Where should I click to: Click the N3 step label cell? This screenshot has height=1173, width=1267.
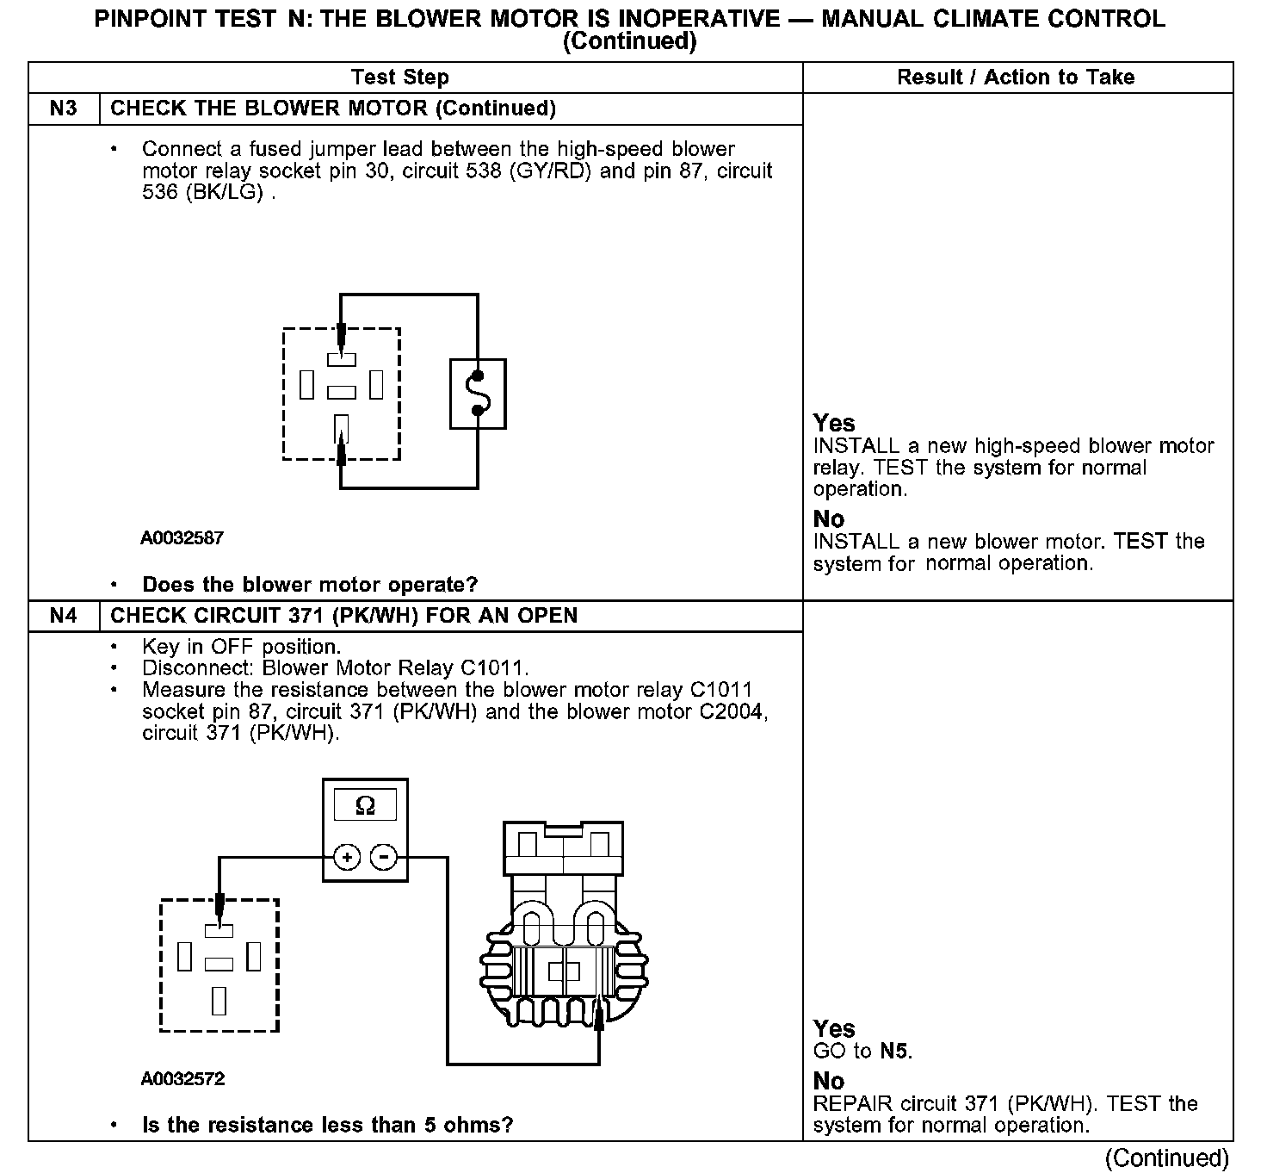pyautogui.click(x=64, y=109)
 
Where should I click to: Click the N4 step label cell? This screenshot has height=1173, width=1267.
pyautogui.click(x=64, y=616)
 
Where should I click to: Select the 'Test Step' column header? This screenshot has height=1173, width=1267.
pyautogui.click(x=400, y=78)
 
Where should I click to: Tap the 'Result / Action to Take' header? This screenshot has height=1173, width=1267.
pyautogui.click(x=1016, y=78)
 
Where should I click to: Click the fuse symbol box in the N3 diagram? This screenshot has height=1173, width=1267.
pyautogui.click(x=478, y=394)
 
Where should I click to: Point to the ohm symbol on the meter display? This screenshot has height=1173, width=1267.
pyautogui.click(x=365, y=805)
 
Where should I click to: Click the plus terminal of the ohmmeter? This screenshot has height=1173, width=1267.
pyautogui.click(x=347, y=858)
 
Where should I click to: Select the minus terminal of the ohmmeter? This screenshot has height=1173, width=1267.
pyautogui.click(x=384, y=858)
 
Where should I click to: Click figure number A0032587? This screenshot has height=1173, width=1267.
pyautogui.click(x=182, y=538)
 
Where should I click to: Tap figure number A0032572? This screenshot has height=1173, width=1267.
pyautogui.click(x=182, y=1079)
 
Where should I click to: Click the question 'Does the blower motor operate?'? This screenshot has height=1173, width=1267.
pyautogui.click(x=309, y=585)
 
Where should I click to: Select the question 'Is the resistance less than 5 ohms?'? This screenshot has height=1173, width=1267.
pyautogui.click(x=327, y=1126)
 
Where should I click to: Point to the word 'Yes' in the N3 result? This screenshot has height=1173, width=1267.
pyautogui.click(x=834, y=423)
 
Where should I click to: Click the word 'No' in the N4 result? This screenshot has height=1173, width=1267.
pyautogui.click(x=829, y=1081)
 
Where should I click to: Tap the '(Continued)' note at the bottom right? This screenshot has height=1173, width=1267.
pyautogui.click(x=1166, y=1157)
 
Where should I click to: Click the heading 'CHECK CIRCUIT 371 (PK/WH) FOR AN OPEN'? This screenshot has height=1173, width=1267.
pyautogui.click(x=344, y=616)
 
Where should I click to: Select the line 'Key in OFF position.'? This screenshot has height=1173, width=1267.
pyautogui.click(x=241, y=647)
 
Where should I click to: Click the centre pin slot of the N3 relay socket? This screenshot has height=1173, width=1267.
pyautogui.click(x=342, y=393)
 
